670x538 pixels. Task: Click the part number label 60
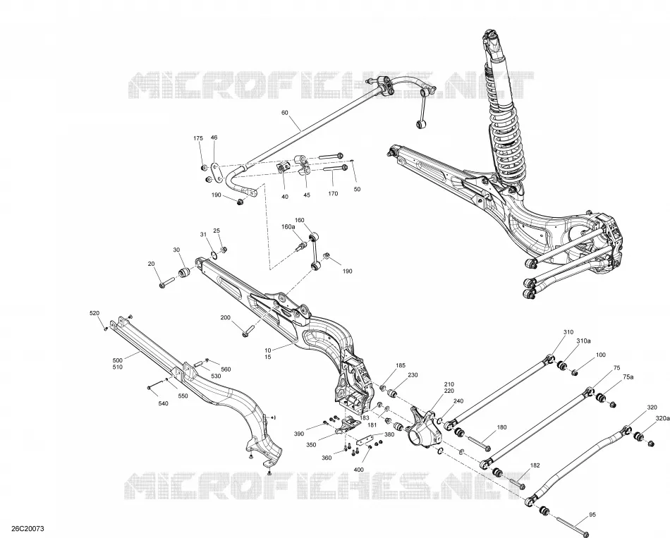tap(285, 113)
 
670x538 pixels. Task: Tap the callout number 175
tap(198, 138)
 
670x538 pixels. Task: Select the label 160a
tap(288, 226)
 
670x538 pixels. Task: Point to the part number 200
tap(225, 317)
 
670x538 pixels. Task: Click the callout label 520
tap(95, 313)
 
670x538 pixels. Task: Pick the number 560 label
tap(226, 369)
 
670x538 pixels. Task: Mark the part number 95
tap(592, 515)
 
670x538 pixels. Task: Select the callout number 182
tap(535, 465)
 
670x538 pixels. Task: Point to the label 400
tap(358, 470)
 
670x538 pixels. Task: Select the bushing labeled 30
tap(185, 271)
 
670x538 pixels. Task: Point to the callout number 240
tap(458, 401)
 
